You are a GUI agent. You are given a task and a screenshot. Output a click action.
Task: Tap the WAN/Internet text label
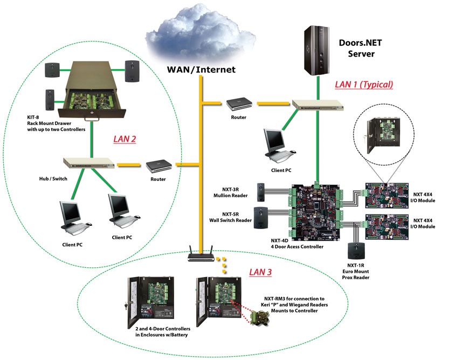pyautogui.click(x=201, y=69)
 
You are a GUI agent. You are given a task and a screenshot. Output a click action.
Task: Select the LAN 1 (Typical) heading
pyautogui.click(x=364, y=84)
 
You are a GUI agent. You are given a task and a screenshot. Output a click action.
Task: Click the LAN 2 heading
pyautogui.click(x=125, y=139)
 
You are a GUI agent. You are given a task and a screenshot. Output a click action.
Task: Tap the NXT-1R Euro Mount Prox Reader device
pyautogui.click(x=354, y=251)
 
